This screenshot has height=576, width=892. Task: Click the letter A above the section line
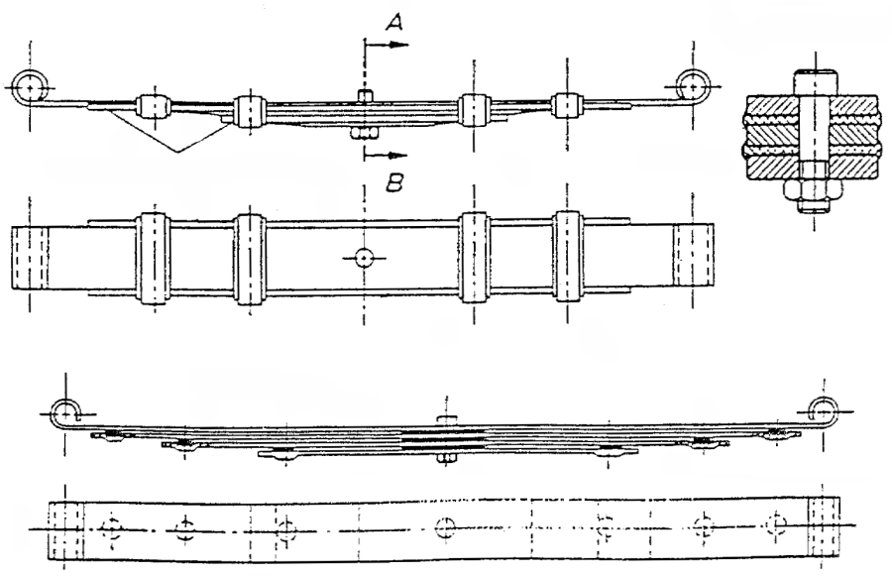point(394,23)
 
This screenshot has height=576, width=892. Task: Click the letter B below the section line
point(394,183)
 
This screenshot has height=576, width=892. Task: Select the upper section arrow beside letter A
point(387,45)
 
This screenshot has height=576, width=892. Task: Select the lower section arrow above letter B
point(386,155)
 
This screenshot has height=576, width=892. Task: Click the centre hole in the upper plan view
point(364,258)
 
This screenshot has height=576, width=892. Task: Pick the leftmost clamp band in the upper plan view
point(153,259)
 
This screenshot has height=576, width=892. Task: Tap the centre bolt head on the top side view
point(364,95)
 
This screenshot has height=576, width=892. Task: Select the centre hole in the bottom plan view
point(445,527)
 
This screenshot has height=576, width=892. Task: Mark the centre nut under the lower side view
point(446,459)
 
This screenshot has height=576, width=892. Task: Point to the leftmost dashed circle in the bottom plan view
point(111,529)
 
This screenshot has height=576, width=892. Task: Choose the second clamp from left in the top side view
point(249,111)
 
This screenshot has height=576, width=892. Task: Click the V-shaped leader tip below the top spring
point(177,152)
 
